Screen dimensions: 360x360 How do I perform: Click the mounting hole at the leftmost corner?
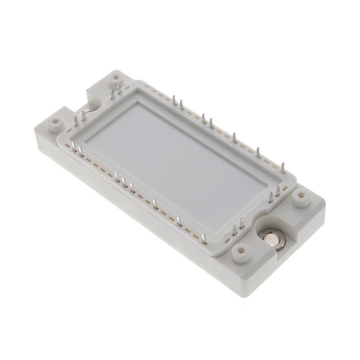(55, 121)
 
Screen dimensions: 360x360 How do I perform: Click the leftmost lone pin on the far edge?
(235, 138)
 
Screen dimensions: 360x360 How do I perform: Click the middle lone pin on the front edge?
(179, 220)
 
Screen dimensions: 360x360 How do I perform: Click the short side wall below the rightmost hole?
(315, 225)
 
